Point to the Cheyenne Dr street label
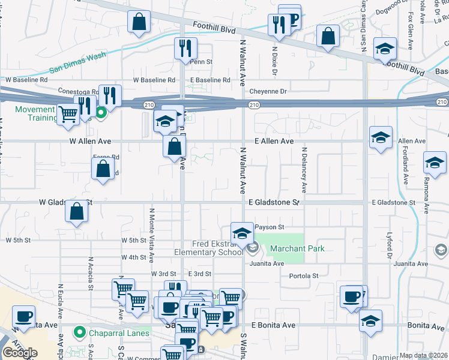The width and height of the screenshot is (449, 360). click(269, 91)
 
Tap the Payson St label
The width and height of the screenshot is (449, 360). click(268, 227)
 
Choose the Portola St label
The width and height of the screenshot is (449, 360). click(303, 276)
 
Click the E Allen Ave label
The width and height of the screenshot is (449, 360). click(273, 141)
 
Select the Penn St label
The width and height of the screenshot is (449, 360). click(201, 62)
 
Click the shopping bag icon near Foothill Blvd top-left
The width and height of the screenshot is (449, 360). click(139, 22)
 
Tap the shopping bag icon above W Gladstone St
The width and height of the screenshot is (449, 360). click(76, 211)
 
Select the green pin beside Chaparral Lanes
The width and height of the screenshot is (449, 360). click(79, 332)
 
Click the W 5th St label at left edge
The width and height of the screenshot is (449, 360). click(17, 240)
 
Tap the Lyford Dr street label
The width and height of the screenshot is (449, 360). click(389, 246)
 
